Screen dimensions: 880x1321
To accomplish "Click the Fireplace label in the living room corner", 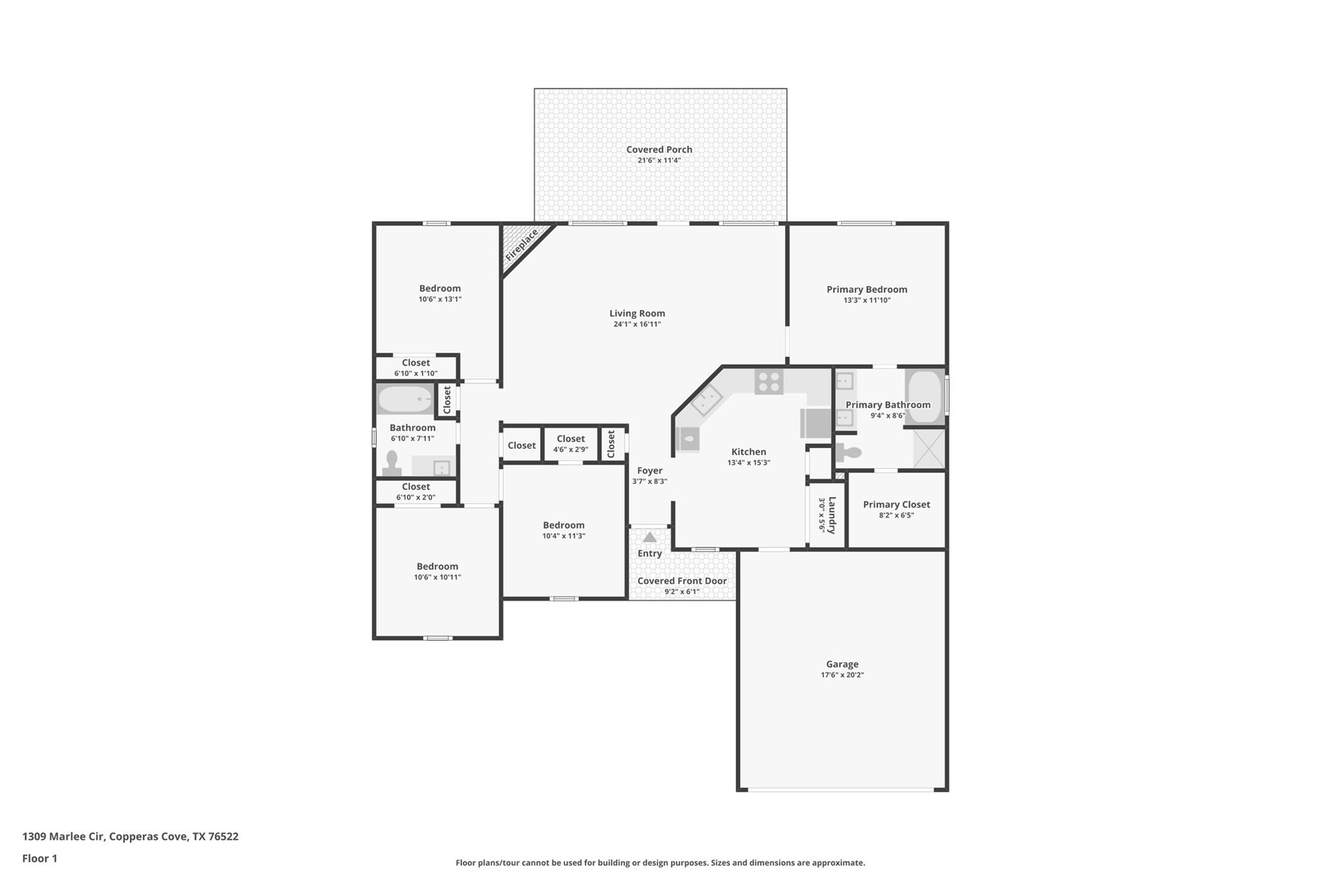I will tap(521, 246).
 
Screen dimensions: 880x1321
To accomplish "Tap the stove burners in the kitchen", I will tap(769, 382).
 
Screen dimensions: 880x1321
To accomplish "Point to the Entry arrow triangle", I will tap(650, 537).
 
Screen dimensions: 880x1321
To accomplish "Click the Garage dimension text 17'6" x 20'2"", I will tap(842, 675).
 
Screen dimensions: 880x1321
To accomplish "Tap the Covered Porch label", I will tap(659, 150).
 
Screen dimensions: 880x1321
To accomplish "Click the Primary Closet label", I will tap(896, 505).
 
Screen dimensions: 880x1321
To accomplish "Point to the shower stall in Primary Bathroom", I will tap(929, 448).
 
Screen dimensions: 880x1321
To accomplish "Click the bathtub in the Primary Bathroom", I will tap(924, 396).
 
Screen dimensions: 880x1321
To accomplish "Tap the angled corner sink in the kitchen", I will tap(707, 400).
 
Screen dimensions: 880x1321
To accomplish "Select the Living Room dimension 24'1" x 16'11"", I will tap(637, 324).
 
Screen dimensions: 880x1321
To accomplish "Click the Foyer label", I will tap(650, 471).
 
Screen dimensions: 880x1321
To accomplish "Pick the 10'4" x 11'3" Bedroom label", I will tap(563, 525).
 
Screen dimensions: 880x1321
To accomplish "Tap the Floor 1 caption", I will tap(39, 859).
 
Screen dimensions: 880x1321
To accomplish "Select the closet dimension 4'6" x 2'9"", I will tap(570, 449).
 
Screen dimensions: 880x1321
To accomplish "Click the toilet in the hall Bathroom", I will tap(392, 464).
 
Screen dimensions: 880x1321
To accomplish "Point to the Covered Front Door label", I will tap(682, 581).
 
